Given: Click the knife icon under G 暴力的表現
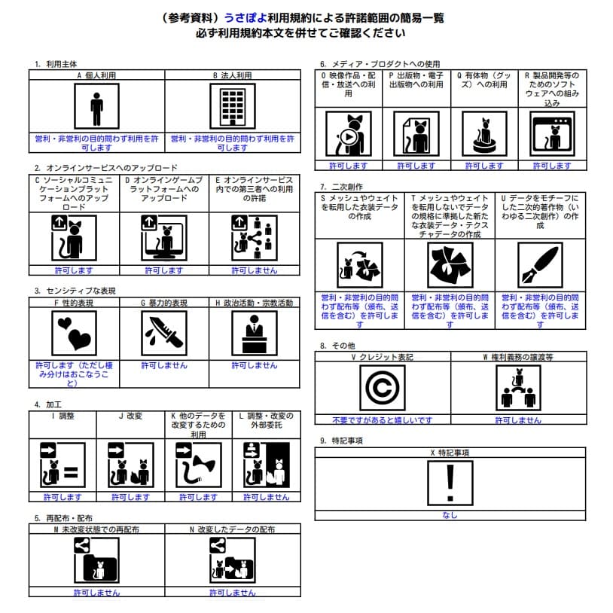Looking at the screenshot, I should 163,333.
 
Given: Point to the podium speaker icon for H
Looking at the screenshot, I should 254,333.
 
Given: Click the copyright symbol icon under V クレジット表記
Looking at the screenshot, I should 382,388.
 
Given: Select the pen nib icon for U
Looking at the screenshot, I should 540,265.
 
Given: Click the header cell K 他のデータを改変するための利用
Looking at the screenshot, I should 198,425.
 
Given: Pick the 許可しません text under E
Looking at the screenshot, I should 254,270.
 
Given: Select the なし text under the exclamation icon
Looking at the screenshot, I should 450,515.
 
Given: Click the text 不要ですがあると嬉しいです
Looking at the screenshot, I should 382,420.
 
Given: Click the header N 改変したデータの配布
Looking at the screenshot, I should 232,530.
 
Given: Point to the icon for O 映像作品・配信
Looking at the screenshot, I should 348,134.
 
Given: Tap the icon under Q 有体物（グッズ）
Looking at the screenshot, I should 484,134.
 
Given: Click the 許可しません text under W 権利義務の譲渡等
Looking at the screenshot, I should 518,420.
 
